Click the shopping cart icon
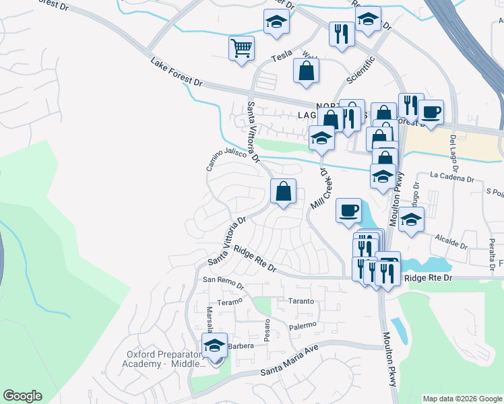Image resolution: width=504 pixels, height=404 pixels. click(241, 48)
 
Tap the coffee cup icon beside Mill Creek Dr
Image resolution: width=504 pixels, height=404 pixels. click(348, 210)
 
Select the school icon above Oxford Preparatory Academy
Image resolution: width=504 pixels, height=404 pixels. click(215, 346)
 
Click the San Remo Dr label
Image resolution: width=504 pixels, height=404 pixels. click(223, 282)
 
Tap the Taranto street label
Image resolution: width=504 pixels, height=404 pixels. click(301, 301)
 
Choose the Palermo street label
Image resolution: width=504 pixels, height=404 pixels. click(303, 326)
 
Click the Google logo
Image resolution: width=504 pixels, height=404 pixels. click(22, 396)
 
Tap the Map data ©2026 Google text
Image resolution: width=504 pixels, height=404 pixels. click(462, 399)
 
